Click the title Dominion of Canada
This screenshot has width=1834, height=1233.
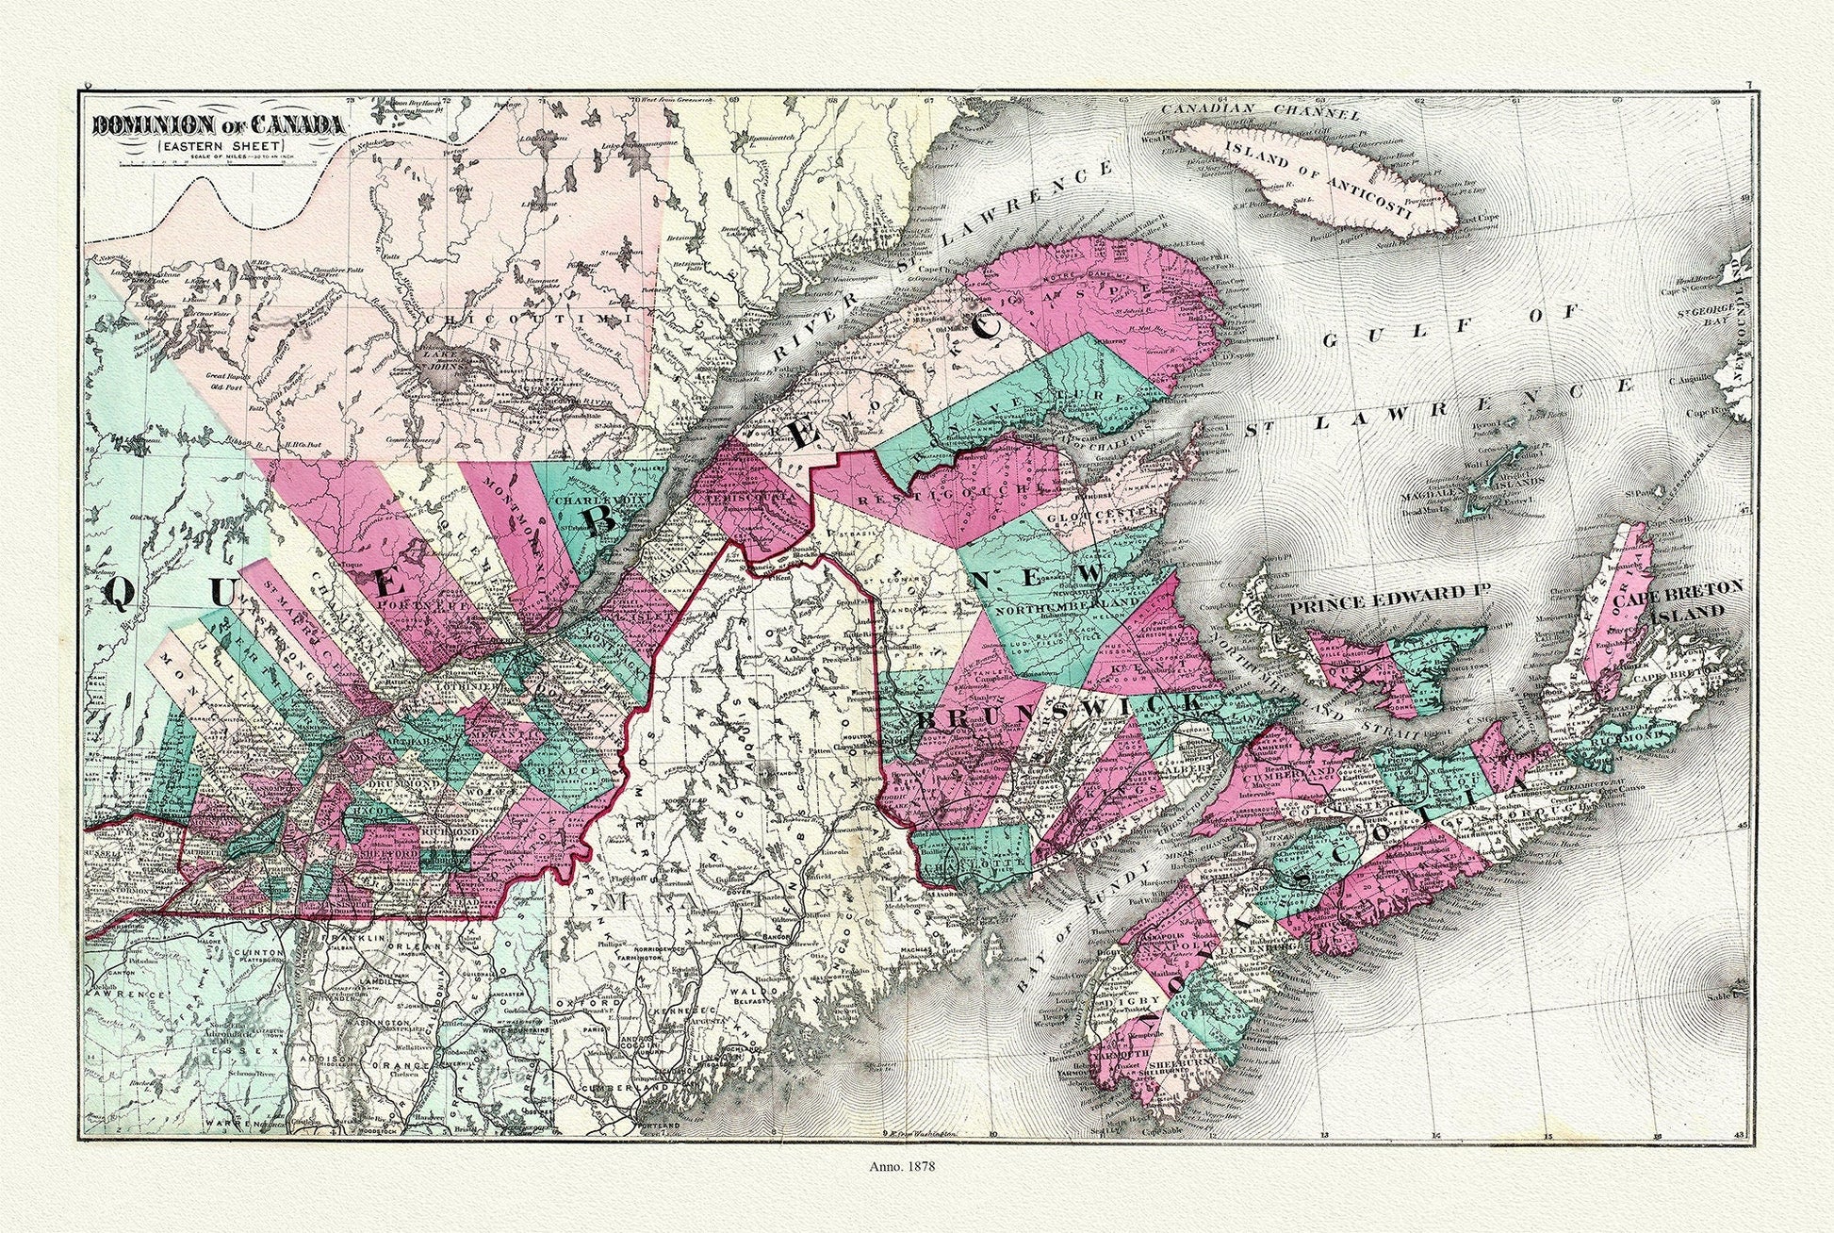point(217,123)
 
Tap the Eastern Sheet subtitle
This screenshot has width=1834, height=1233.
point(217,145)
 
